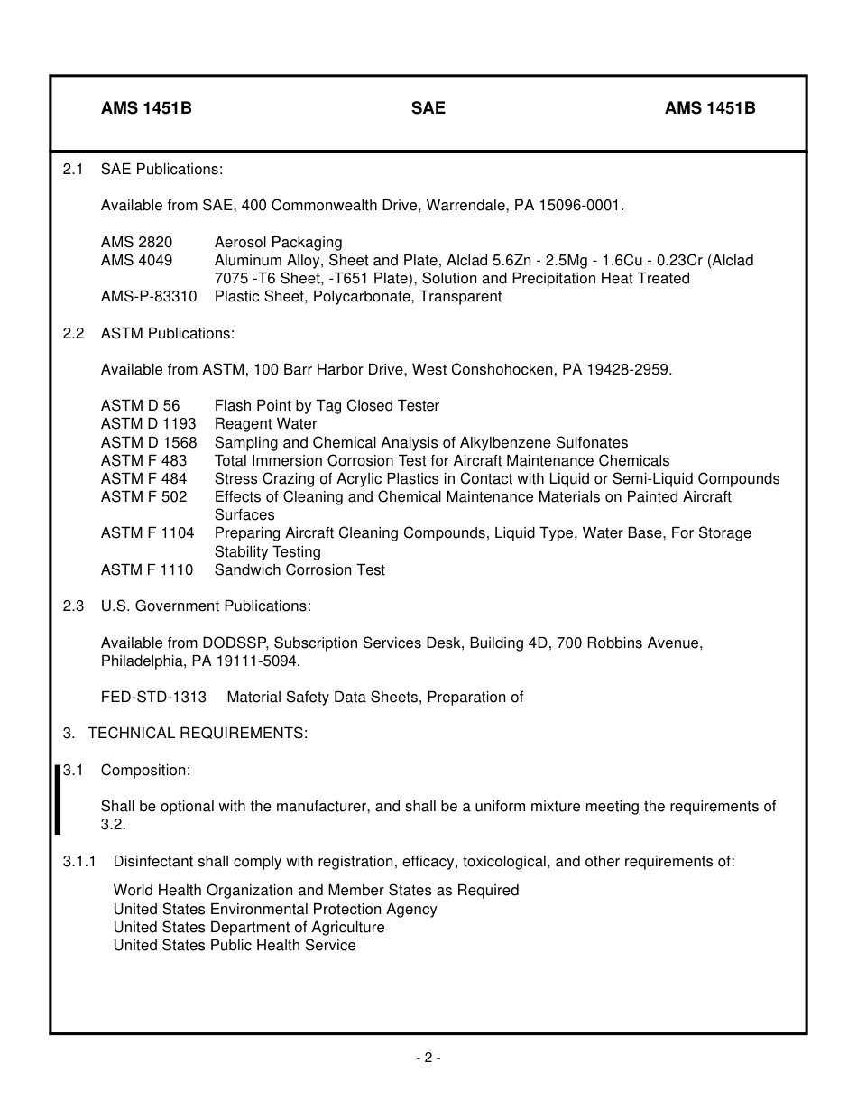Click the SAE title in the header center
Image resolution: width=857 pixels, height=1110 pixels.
tap(428, 108)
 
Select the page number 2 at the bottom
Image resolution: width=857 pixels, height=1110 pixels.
tap(428, 1058)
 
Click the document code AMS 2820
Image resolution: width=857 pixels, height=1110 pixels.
tap(136, 243)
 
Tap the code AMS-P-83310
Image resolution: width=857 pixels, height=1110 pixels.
tap(149, 297)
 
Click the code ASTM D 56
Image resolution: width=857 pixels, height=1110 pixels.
tap(140, 406)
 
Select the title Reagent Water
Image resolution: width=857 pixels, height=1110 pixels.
tap(266, 424)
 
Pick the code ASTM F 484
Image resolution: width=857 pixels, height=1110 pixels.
tap(144, 479)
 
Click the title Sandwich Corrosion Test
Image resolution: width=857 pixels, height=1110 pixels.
tap(299, 570)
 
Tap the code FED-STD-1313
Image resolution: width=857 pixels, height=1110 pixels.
tap(153, 698)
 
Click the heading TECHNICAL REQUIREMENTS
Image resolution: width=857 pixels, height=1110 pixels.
tap(198, 734)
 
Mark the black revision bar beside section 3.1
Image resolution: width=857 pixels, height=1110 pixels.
tap(58, 800)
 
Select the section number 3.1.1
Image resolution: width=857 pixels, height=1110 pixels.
tap(79, 862)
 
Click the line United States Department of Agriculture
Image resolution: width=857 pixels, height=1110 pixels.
tap(249, 928)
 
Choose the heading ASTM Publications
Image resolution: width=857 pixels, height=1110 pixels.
tap(168, 334)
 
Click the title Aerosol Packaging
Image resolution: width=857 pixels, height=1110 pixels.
tap(279, 243)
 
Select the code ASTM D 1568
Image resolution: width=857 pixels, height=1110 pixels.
tap(149, 442)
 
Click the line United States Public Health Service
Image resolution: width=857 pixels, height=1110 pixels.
tap(235, 946)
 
